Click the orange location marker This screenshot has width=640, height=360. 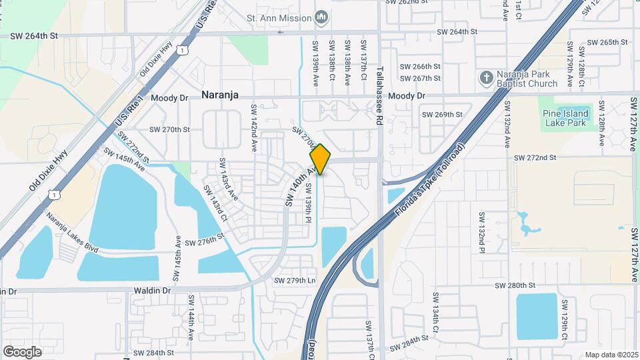tap(320, 159)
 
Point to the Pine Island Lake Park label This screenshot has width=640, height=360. tap(564, 118)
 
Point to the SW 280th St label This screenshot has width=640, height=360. tap(515, 285)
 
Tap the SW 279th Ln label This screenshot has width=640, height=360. tap(295, 281)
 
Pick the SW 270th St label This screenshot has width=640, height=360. tap(169, 129)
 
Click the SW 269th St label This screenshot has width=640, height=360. tap(442, 114)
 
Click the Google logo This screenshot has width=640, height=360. tap(23, 351)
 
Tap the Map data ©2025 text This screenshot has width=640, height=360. tap(611, 355)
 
